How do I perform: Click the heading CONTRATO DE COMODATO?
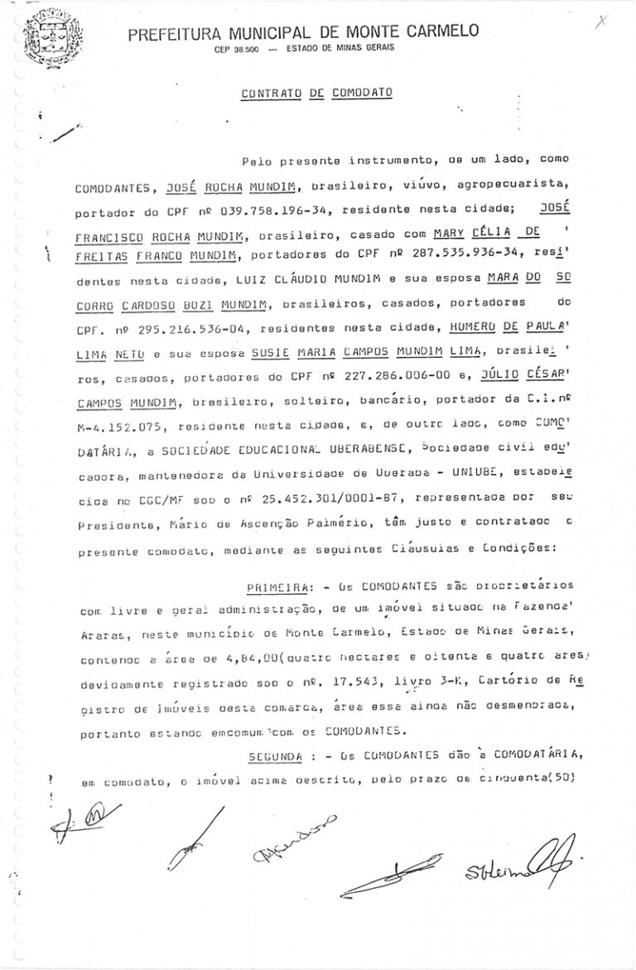(316, 94)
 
